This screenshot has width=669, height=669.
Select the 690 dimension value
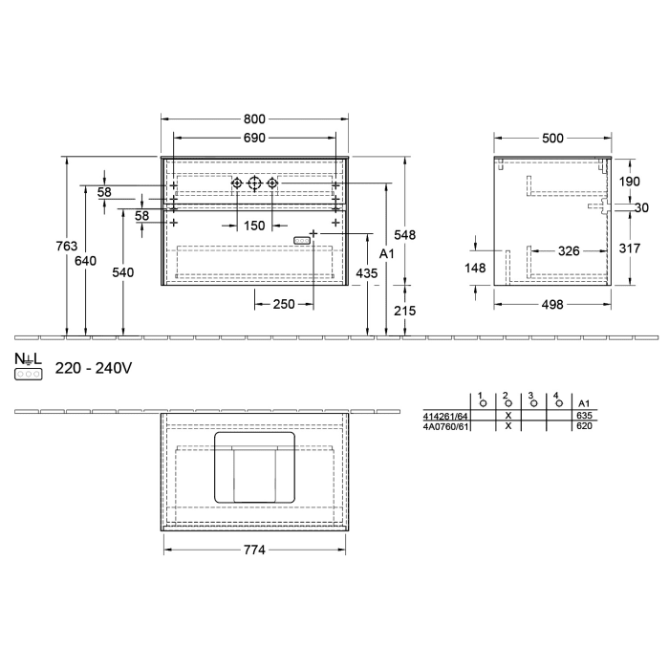(253, 139)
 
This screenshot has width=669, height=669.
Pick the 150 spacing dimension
(253, 226)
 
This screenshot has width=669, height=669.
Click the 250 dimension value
(283, 304)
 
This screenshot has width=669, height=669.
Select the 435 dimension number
(366, 272)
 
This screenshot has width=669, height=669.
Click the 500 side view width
(552, 139)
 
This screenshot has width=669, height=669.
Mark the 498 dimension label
(552, 304)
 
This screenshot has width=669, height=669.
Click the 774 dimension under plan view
(253, 550)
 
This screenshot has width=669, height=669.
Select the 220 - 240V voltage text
(93, 367)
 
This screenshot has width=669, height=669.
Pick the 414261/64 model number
(444, 417)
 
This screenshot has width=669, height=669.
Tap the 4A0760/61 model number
(445, 427)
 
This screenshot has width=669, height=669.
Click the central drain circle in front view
(254, 183)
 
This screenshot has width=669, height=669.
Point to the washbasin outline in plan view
(253, 467)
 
